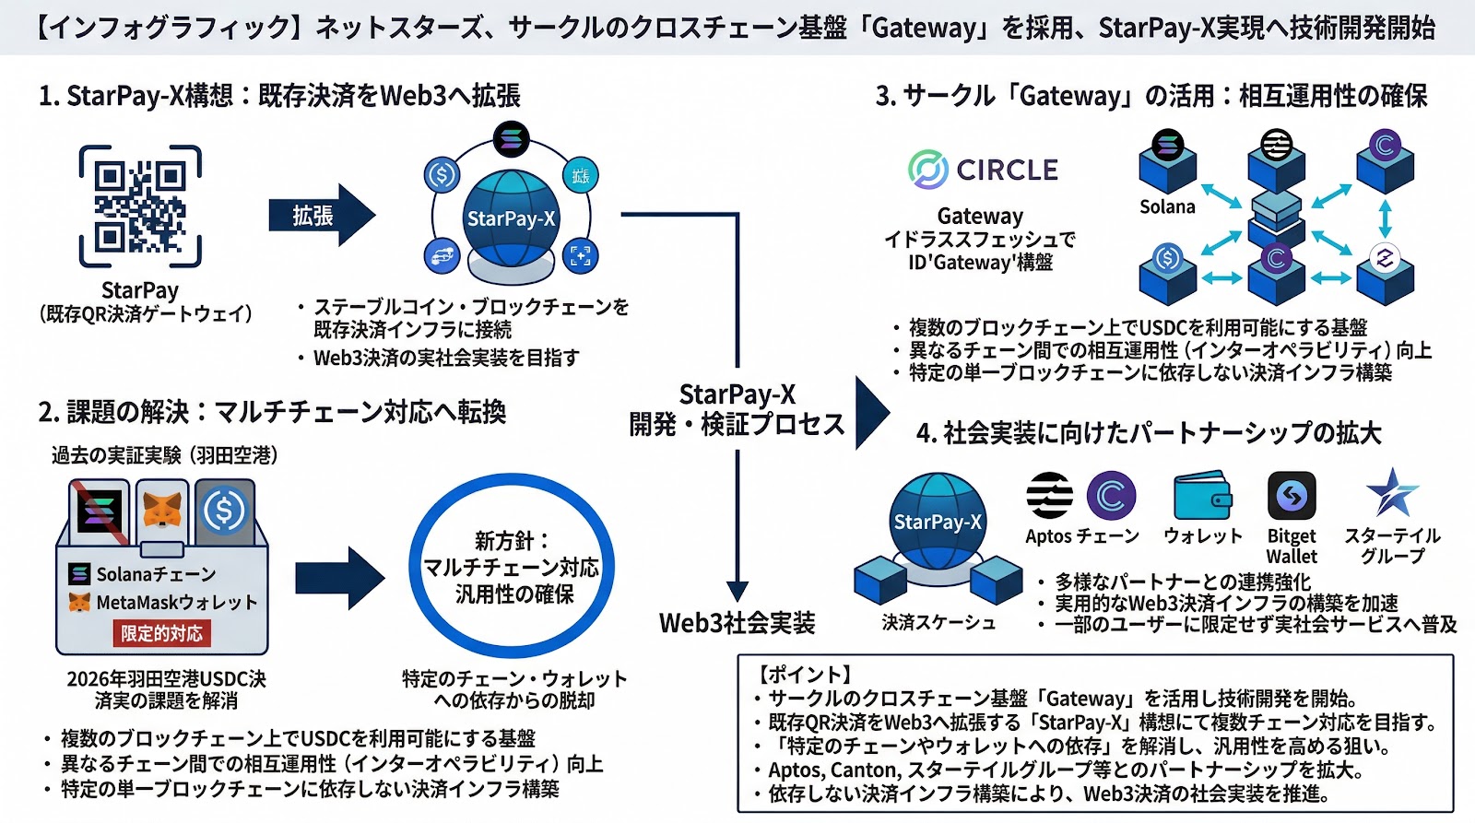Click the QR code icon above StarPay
[x=140, y=206]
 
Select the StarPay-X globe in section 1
[x=511, y=219]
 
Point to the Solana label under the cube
[x=1166, y=207]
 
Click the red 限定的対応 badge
[x=161, y=633]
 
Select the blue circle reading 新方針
[x=512, y=566]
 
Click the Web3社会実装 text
[x=737, y=623]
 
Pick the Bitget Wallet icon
[x=1291, y=496]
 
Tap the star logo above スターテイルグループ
[x=1391, y=492]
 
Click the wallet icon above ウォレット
[x=1202, y=496]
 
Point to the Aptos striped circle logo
[x=1049, y=496]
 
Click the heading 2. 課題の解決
[x=272, y=412]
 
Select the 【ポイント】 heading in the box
[x=803, y=675]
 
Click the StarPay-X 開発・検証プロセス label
[x=737, y=409]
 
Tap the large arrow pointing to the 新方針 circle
[x=338, y=578]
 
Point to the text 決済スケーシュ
[x=938, y=623]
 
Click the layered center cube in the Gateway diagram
[x=1276, y=213]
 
